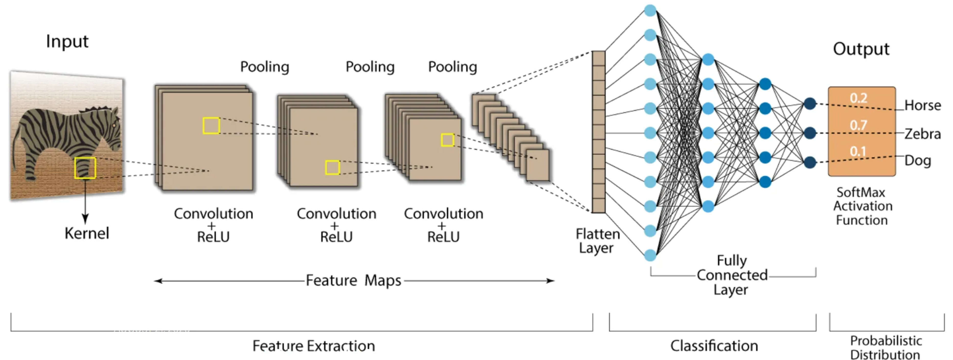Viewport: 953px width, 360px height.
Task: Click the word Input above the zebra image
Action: [67, 41]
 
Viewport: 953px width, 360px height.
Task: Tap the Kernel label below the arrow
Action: [87, 233]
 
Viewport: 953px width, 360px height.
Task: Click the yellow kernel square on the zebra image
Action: [85, 168]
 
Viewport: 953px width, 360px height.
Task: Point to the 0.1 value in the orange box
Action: [858, 151]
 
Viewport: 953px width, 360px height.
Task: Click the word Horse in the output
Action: [923, 105]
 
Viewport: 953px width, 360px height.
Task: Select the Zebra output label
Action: [923, 133]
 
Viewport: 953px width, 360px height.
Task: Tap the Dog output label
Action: [917, 161]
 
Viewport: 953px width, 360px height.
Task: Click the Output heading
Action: [861, 49]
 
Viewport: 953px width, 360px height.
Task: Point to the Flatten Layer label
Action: [597, 241]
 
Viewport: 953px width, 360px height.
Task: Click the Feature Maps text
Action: [353, 280]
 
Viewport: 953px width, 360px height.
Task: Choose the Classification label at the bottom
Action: [714, 346]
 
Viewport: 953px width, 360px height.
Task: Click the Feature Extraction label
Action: [313, 346]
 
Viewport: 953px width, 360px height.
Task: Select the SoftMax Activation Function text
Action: [862, 206]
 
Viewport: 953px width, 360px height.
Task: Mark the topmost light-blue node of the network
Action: [650, 10]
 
